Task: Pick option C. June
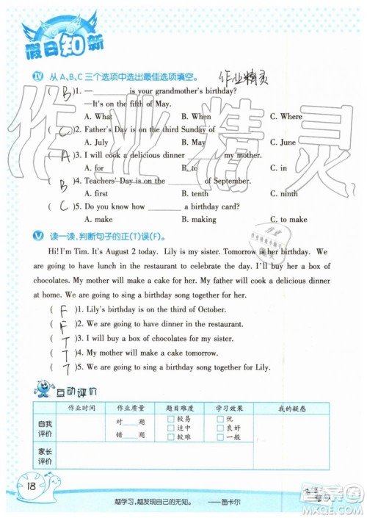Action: click(x=283, y=142)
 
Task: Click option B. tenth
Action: click(x=195, y=194)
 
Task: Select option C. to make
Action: click(x=288, y=220)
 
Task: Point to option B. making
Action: click(x=198, y=220)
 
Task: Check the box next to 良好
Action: click(x=219, y=428)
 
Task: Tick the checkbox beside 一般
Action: click(x=219, y=436)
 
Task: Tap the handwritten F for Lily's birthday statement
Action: click(x=65, y=309)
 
